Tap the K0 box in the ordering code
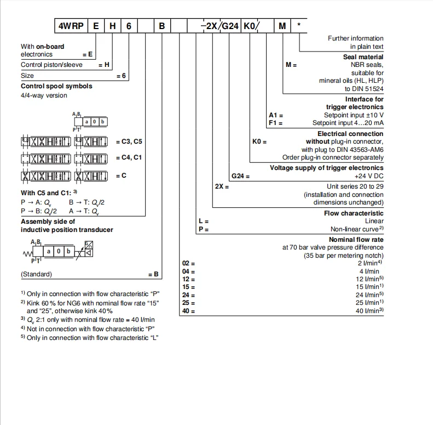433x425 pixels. click(250, 26)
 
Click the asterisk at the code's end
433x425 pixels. click(298, 25)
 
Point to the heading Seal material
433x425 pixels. click(363, 57)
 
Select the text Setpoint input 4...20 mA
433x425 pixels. click(348, 123)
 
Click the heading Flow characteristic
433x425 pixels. click(354, 213)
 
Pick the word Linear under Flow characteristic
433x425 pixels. click(374, 221)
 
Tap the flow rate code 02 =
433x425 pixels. click(188, 264)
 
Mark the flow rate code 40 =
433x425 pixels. click(188, 311)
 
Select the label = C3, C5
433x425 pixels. click(129, 141)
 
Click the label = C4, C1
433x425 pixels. click(129, 158)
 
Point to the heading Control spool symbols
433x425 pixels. click(56, 86)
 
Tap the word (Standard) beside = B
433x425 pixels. click(36, 274)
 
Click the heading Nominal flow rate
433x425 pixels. click(356, 240)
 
